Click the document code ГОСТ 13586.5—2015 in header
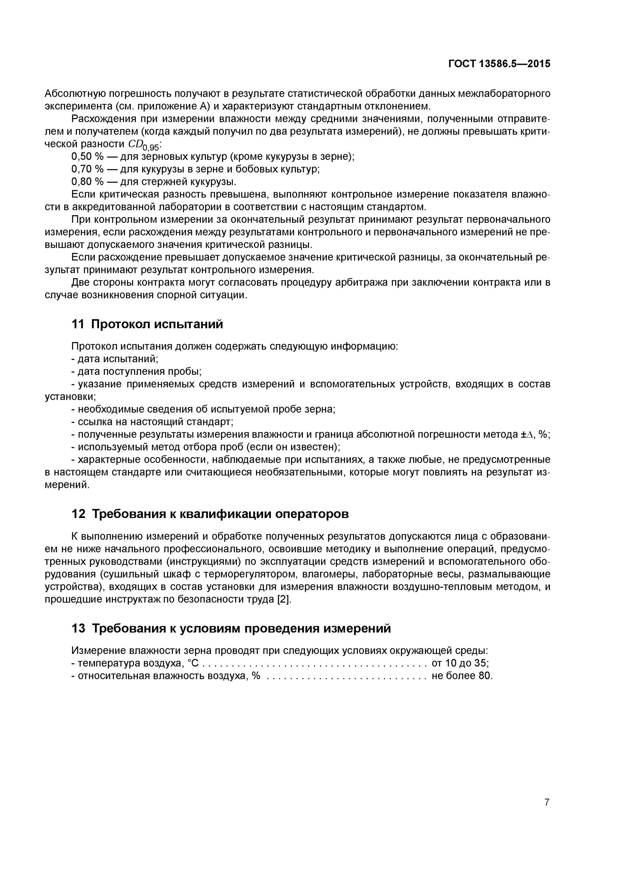pos(499,64)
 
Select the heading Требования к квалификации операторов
pos(220,514)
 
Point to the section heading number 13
pos(78,628)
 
